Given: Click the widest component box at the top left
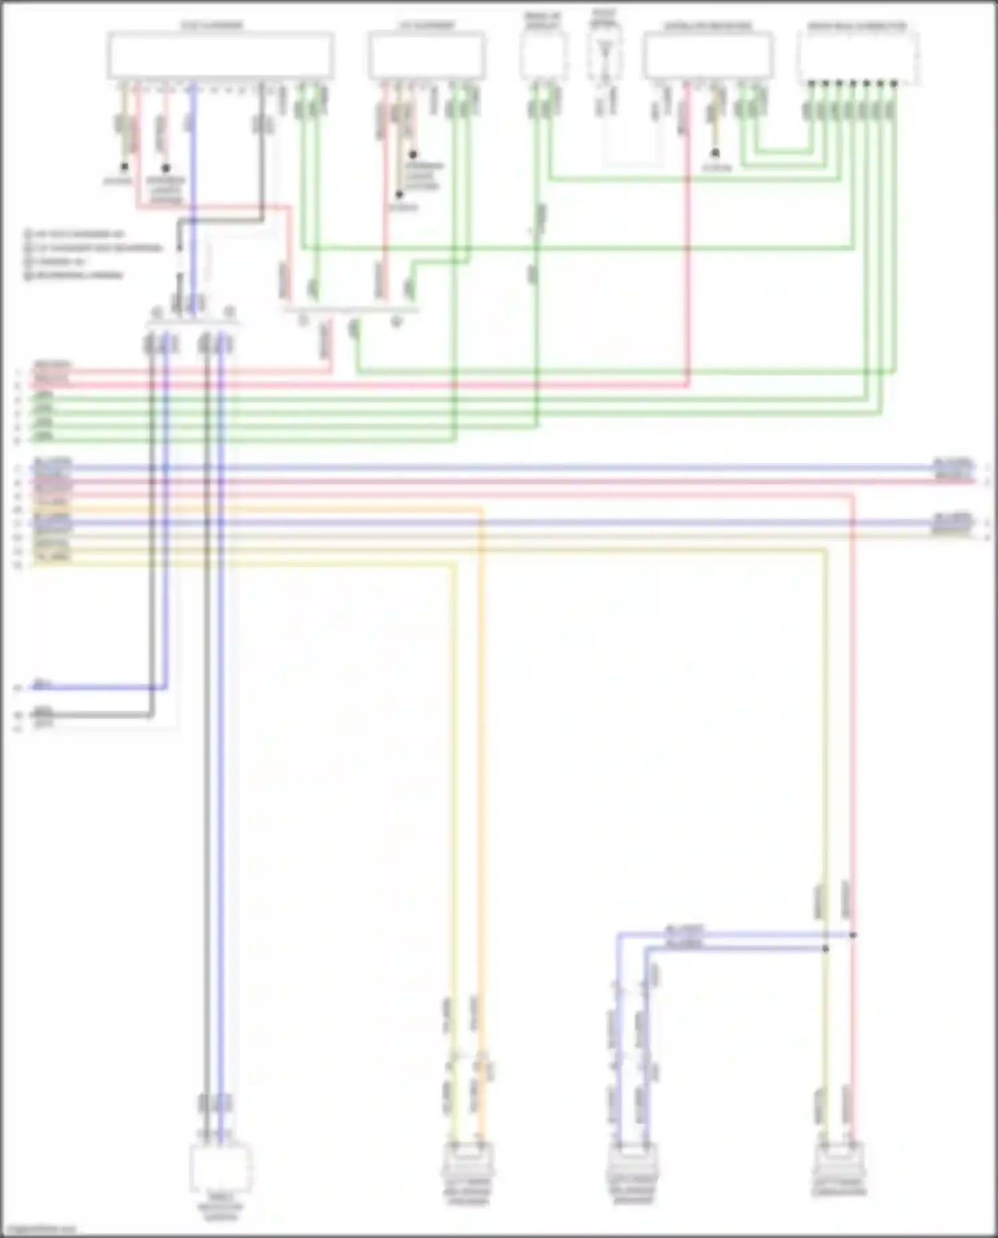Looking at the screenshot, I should (x=220, y=55).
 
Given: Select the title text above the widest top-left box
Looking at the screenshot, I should (x=213, y=26).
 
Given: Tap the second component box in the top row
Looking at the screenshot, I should (x=426, y=56).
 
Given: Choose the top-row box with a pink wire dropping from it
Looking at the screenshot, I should (x=708, y=56).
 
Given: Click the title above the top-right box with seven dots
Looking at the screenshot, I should (x=857, y=27).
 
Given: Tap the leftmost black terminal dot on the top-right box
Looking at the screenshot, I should (x=811, y=84).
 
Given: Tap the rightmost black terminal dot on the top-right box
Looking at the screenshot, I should (x=894, y=84).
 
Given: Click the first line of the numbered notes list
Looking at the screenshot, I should (x=75, y=234).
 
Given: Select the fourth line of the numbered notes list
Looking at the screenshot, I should (x=75, y=275).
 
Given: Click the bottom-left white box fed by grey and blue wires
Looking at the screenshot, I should (x=221, y=1169).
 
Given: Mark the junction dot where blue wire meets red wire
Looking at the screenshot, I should (x=853, y=935).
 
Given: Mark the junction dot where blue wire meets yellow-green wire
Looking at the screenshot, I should (x=826, y=949).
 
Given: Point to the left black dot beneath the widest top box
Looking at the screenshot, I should (x=124, y=167).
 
